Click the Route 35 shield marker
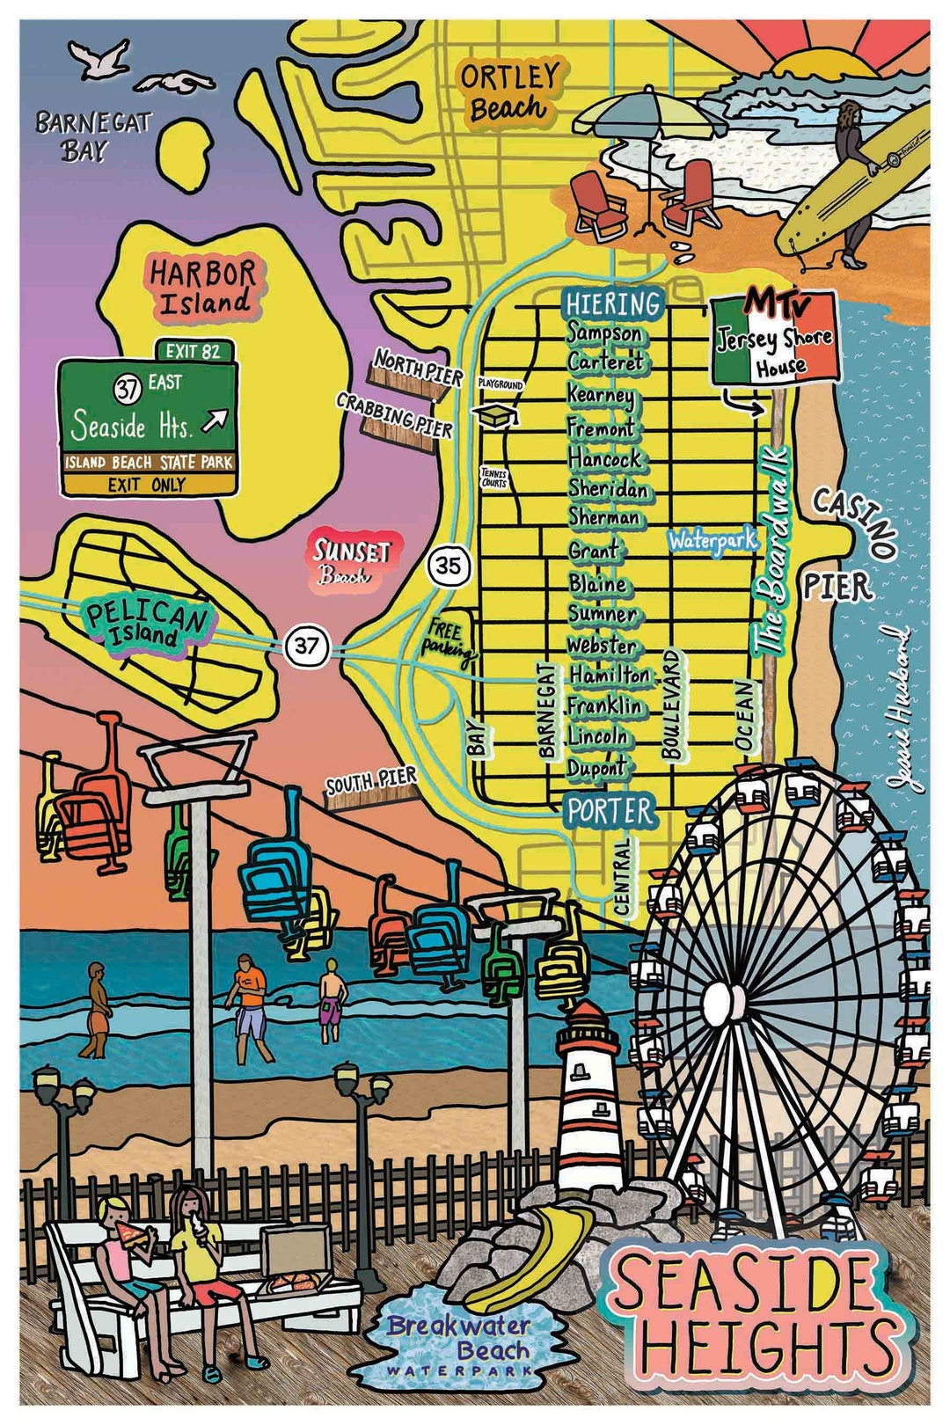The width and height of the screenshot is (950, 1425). pos(449,566)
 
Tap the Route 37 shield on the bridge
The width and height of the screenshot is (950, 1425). pos(306,647)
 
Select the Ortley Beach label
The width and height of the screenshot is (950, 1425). pos(508,92)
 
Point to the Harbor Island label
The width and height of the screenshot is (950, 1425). pos(204,287)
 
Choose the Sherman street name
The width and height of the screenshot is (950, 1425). pos(604,517)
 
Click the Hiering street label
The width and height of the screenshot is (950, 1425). pos(613,303)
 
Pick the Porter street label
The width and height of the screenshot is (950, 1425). pos(610,811)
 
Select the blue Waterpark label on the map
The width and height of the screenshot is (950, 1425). pos(712,540)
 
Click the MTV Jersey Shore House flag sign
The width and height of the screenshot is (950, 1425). pos(771,337)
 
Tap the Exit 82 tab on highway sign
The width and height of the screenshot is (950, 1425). pos(194,352)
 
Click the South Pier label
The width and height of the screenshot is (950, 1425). pos(370,784)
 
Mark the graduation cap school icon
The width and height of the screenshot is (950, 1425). pos(495,415)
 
